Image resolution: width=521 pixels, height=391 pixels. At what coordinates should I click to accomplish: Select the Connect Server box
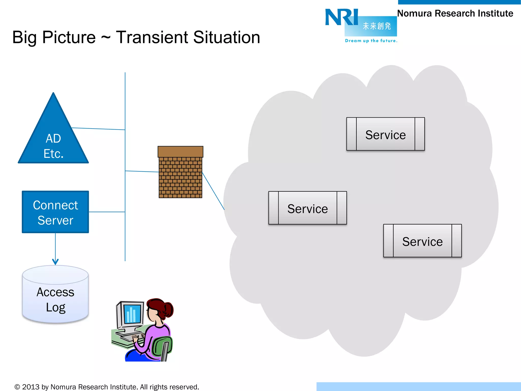[x=55, y=212]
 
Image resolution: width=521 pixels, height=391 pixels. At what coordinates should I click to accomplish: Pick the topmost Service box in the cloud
[x=385, y=134]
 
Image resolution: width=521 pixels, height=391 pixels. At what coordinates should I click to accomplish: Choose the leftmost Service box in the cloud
[x=308, y=208]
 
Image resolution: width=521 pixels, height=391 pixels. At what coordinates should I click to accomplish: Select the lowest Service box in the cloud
[x=422, y=241]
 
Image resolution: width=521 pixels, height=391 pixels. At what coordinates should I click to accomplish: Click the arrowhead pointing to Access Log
[x=55, y=262]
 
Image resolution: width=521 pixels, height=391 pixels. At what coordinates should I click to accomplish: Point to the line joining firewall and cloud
[x=213, y=191]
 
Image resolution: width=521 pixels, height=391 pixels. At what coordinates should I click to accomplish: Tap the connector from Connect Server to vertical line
[x=107, y=212]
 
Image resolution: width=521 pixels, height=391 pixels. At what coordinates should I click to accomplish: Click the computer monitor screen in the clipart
[x=132, y=314]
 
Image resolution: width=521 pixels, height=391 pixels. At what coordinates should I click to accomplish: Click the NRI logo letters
[x=342, y=17]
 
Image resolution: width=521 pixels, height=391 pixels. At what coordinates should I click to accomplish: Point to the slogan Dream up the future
[x=371, y=41]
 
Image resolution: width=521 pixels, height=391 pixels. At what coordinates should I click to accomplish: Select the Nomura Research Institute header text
[x=455, y=13]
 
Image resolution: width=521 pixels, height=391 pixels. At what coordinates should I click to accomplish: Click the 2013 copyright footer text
[x=107, y=387]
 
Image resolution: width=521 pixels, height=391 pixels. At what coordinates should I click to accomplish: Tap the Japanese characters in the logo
[x=377, y=26]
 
